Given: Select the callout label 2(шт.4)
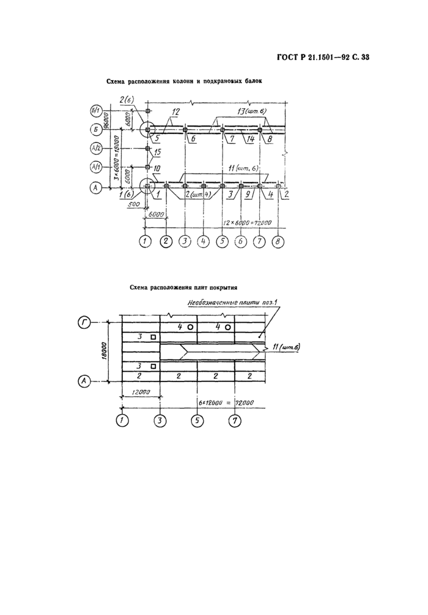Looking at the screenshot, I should point(197,194).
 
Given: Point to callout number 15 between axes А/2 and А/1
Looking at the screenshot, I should point(157,152).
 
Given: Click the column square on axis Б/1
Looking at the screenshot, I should point(148,111).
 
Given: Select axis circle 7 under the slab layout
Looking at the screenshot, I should point(235,420).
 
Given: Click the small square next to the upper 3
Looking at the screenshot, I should point(153,337).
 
